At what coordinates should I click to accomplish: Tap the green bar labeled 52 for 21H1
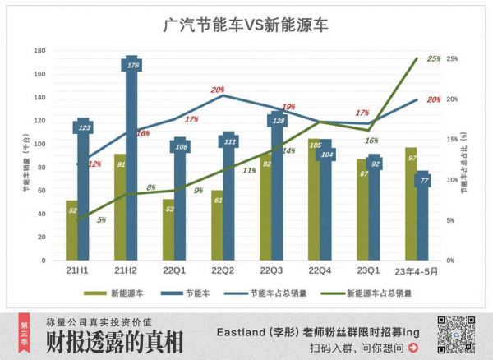[x=71, y=234]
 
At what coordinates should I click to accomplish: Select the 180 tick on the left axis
[x=39, y=51]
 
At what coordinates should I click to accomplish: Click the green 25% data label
[x=434, y=59]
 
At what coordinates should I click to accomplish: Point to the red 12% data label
[x=94, y=164]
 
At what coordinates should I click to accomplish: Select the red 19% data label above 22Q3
[x=288, y=108]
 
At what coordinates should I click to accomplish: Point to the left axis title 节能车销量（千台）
[x=26, y=156]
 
